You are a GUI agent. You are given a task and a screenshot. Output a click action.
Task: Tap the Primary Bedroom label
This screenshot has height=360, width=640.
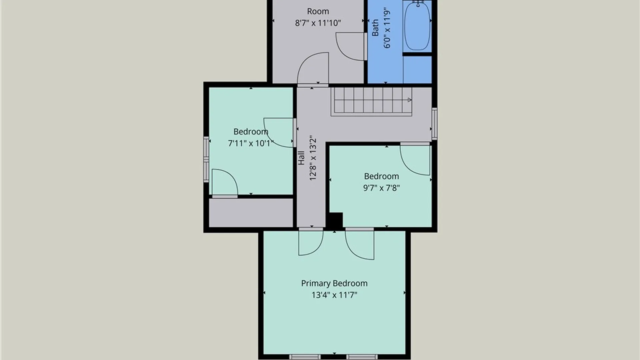334,283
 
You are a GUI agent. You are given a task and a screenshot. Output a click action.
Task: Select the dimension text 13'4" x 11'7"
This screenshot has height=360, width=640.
334,295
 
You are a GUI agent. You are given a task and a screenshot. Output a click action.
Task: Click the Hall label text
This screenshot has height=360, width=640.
301,158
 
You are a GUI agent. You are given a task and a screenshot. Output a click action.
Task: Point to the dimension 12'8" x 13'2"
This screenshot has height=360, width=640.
312,158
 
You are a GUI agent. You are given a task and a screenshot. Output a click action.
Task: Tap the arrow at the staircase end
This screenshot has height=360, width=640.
409,100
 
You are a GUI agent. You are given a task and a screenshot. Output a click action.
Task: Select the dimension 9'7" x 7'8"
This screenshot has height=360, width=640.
381,188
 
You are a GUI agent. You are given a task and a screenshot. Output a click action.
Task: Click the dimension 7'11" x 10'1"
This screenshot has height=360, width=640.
251,143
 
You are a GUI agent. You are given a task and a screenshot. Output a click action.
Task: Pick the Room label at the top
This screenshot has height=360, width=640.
318,11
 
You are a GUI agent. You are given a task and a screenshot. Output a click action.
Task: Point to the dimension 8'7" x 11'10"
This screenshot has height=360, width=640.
318,23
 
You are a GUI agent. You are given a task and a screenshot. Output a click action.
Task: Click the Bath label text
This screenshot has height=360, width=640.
375,27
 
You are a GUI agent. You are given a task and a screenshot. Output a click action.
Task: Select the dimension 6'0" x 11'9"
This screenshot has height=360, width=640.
387,28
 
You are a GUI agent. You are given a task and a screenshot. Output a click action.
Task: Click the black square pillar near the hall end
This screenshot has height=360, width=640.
334,220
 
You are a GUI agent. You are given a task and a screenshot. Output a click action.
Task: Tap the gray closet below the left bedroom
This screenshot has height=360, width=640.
251,213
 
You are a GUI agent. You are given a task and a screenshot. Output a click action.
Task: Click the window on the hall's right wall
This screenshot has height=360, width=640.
434,123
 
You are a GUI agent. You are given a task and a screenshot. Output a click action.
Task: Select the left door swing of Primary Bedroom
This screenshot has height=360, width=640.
311,243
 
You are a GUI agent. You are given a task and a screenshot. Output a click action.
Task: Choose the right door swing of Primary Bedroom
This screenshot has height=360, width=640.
360,244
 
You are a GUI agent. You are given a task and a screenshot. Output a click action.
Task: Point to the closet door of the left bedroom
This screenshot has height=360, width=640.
225,183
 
